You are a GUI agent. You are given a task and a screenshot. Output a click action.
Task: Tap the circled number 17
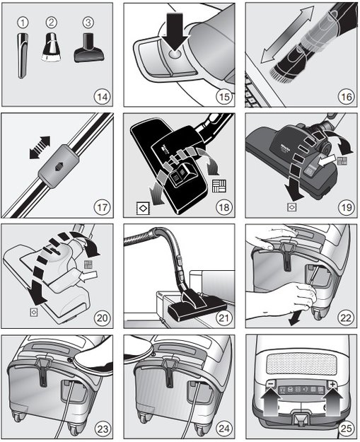pyautogui.click(x=103, y=207)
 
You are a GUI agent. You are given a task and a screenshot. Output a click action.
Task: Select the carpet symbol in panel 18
pyautogui.click(x=217, y=188)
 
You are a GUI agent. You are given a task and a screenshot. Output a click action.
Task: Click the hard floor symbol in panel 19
pyautogui.click(x=291, y=208)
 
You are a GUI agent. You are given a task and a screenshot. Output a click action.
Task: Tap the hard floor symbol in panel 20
pyautogui.click(x=33, y=311)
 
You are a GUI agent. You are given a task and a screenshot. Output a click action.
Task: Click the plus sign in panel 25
pyautogui.click(x=328, y=385)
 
